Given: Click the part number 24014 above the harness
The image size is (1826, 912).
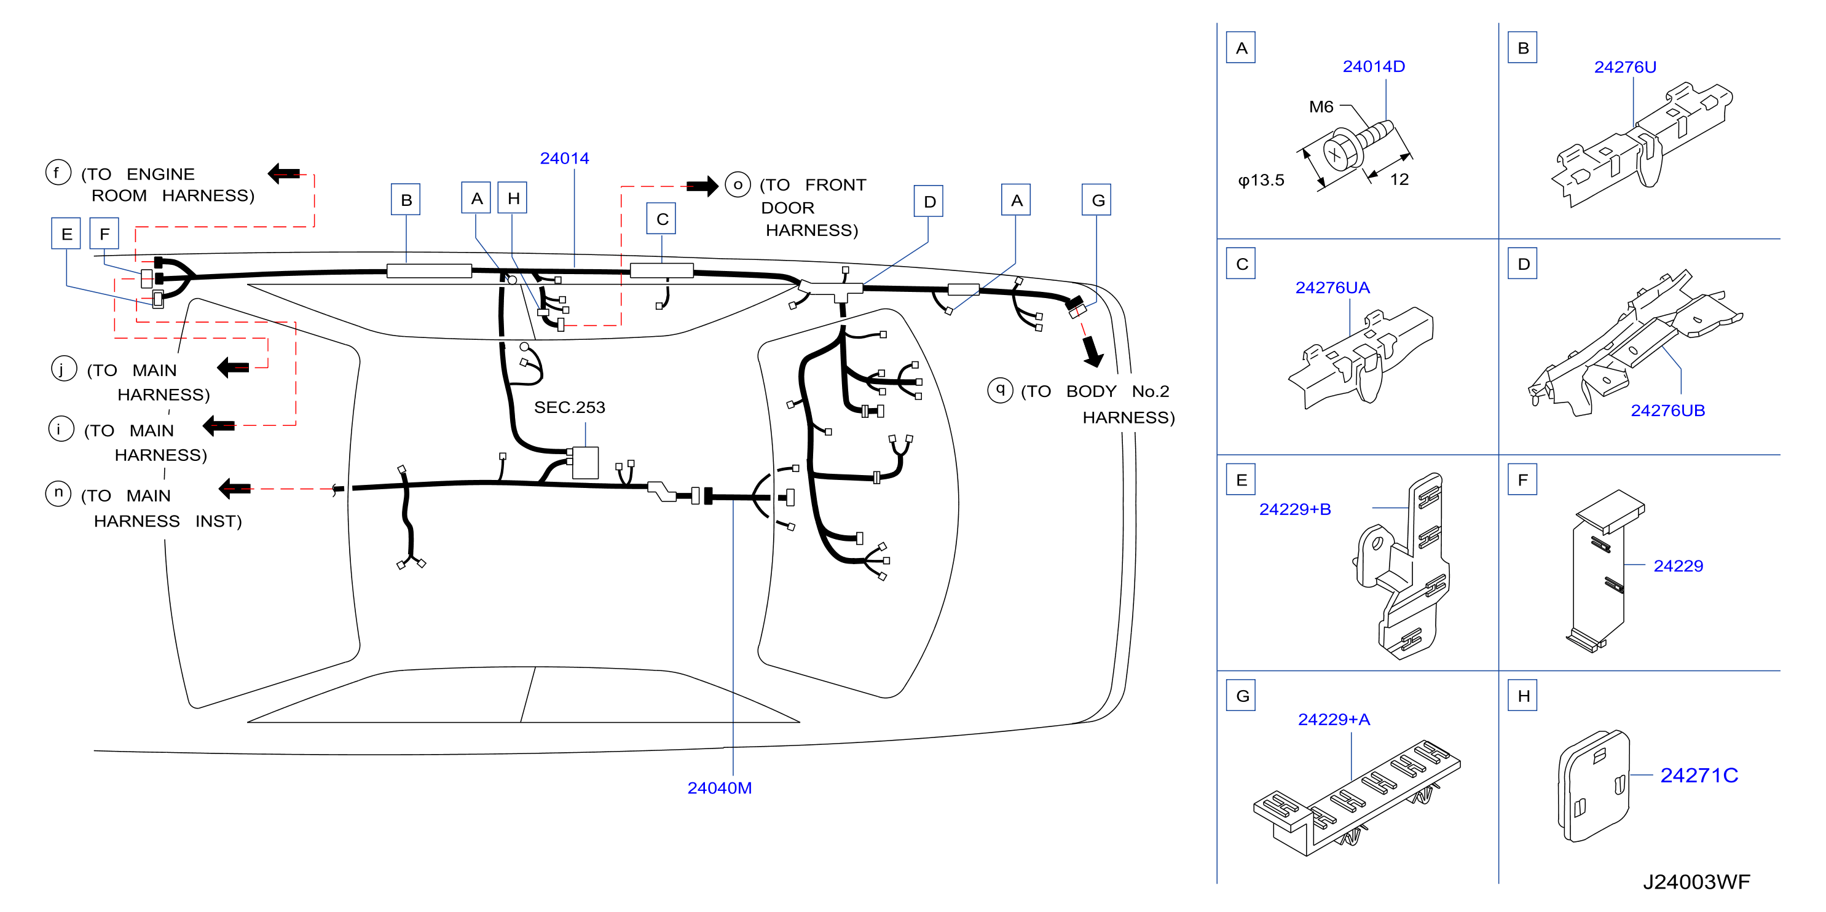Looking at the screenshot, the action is coord(564,159).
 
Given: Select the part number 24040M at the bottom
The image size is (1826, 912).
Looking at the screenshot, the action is coord(720,788).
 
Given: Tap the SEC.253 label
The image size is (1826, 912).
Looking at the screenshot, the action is coord(569,407).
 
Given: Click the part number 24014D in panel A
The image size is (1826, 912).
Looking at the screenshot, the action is coord(1373,66).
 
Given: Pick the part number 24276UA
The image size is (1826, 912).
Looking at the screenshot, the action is coord(1332,288).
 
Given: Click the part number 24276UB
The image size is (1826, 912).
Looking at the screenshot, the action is coord(1667,411).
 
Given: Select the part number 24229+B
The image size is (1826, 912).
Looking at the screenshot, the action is coord(1294,509).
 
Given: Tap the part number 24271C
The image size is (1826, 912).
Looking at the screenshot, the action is coord(1698,775).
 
